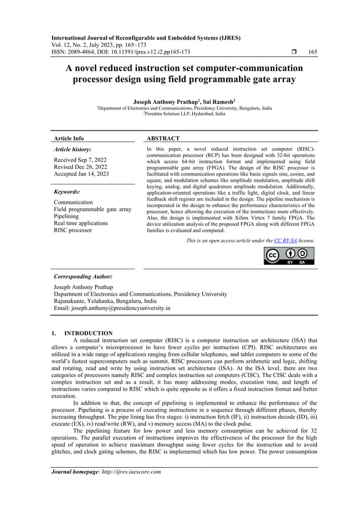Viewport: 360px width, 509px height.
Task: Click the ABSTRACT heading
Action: [x=163, y=138]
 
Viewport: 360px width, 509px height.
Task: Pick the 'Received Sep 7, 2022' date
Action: [x=80, y=160]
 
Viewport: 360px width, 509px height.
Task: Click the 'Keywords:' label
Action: [x=68, y=192]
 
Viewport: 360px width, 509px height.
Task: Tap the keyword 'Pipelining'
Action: [x=66, y=216]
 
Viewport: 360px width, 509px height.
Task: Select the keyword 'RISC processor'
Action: [x=72, y=230]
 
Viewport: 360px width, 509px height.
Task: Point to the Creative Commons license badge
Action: [x=289, y=256]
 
